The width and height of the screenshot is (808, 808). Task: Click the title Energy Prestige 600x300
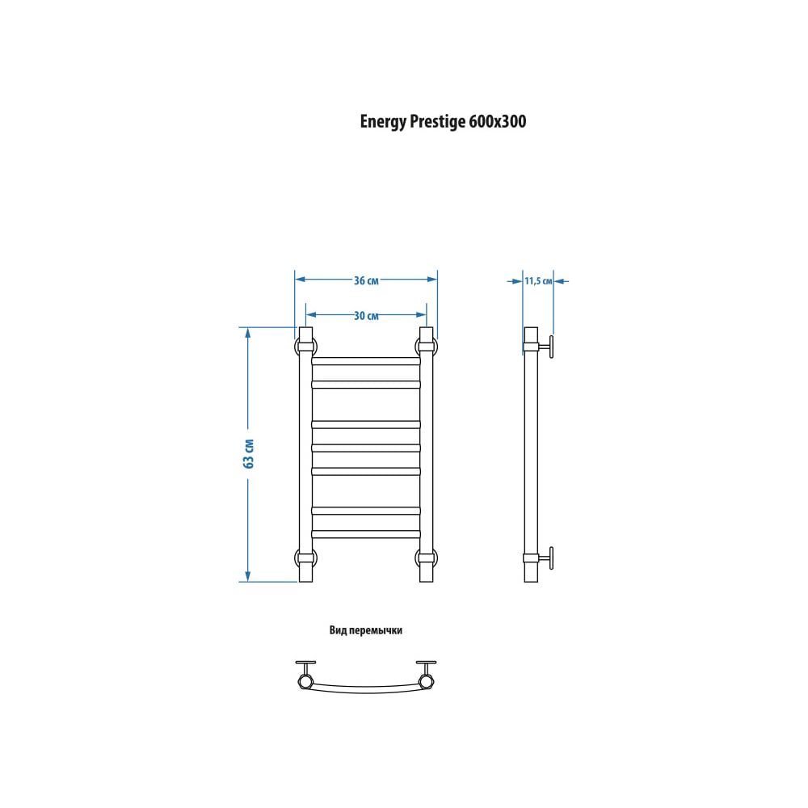pos(443,122)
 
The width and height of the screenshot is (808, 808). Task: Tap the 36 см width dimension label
pos(366,280)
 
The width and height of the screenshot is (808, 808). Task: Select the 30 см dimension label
pos(366,315)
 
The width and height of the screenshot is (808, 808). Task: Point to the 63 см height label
pos(248,453)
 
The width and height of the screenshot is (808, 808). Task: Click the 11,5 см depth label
pos(538,281)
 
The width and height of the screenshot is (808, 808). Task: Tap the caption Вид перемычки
pos(365,630)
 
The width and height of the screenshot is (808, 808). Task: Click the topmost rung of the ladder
pos(366,360)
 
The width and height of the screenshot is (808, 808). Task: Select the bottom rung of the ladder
pos(366,534)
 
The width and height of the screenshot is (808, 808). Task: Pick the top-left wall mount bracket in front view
pos(305,347)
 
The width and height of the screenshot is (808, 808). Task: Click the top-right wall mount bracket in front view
pos(427,346)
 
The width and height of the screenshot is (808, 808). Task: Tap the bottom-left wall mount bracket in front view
pos(305,558)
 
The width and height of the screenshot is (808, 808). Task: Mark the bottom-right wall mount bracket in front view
pos(427,558)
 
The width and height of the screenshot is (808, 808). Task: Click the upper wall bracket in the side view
pos(539,347)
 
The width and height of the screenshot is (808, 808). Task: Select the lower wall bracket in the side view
pos(539,558)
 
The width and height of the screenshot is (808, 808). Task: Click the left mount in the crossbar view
pos(305,675)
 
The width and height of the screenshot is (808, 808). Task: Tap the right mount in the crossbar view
pos(426,675)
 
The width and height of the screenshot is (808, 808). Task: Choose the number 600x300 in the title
pos(498,122)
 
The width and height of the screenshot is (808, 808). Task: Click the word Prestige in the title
pos(437,122)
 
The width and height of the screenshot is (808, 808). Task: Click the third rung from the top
pos(366,425)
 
